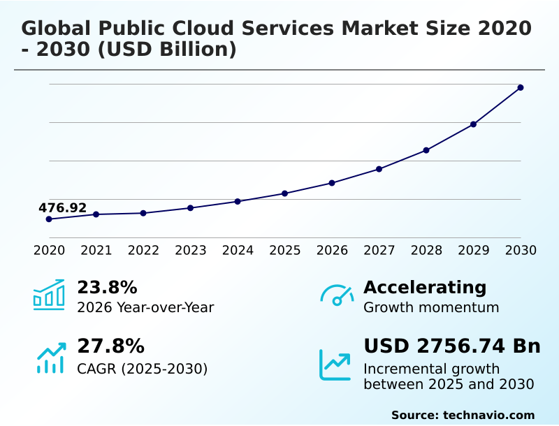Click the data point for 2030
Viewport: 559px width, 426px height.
click(x=521, y=87)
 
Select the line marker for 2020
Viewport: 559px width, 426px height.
click(x=49, y=219)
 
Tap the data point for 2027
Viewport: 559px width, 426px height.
click(x=379, y=169)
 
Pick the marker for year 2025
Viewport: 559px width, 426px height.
click(x=284, y=193)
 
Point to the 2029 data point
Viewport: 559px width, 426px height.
click(x=473, y=124)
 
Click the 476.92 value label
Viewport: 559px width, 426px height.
click(x=62, y=208)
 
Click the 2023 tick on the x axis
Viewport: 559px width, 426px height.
click(x=190, y=250)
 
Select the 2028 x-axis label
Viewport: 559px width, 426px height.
click(x=426, y=250)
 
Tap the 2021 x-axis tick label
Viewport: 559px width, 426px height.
click(x=96, y=250)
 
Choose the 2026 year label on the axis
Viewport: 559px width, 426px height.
click(x=332, y=250)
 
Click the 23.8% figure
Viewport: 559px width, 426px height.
click(x=107, y=287)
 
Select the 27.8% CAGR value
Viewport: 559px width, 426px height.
click(x=110, y=346)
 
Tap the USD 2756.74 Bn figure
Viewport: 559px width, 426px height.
click(x=452, y=346)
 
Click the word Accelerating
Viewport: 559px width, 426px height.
click(x=425, y=287)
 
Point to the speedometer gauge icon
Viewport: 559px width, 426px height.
click(x=337, y=295)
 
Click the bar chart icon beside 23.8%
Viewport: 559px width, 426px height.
click(x=49, y=295)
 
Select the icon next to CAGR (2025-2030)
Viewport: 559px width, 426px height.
click(x=50, y=356)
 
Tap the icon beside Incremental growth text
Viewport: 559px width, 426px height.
click(x=335, y=364)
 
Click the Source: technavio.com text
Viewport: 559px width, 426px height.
click(x=463, y=415)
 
